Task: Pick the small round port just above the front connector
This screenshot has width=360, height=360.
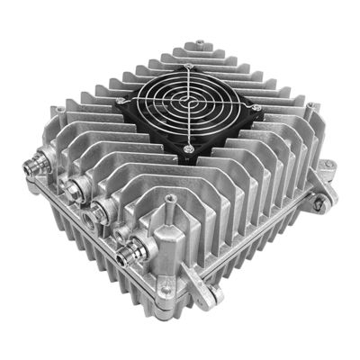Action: point(121,233)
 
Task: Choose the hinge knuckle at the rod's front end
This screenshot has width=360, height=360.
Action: point(210,292)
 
